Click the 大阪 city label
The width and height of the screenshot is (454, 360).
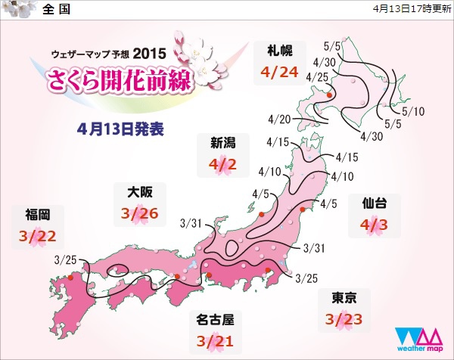(x=138, y=192)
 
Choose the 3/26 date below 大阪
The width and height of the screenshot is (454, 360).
(x=138, y=214)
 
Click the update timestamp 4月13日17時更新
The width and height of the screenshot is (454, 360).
(x=411, y=10)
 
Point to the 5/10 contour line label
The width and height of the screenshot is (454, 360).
(x=414, y=112)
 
